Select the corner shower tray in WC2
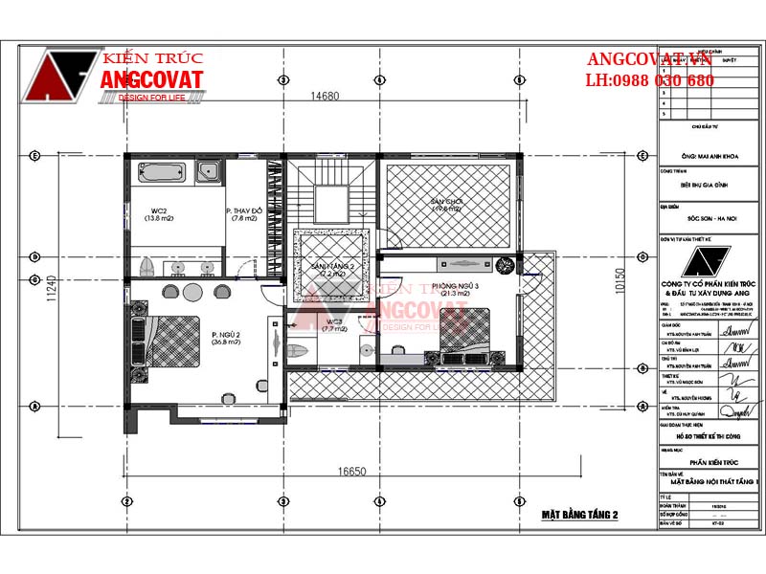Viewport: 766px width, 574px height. coord(210,172)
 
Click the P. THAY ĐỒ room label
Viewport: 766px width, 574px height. coord(242,214)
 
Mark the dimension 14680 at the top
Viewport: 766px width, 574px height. coord(326,96)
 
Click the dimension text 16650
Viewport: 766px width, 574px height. coord(352,472)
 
